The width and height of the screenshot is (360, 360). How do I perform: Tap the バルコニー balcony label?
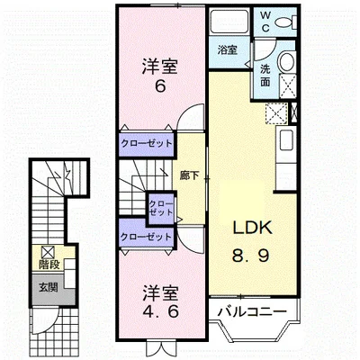click(252, 311)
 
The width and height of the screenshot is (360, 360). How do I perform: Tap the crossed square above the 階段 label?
click(49, 252)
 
